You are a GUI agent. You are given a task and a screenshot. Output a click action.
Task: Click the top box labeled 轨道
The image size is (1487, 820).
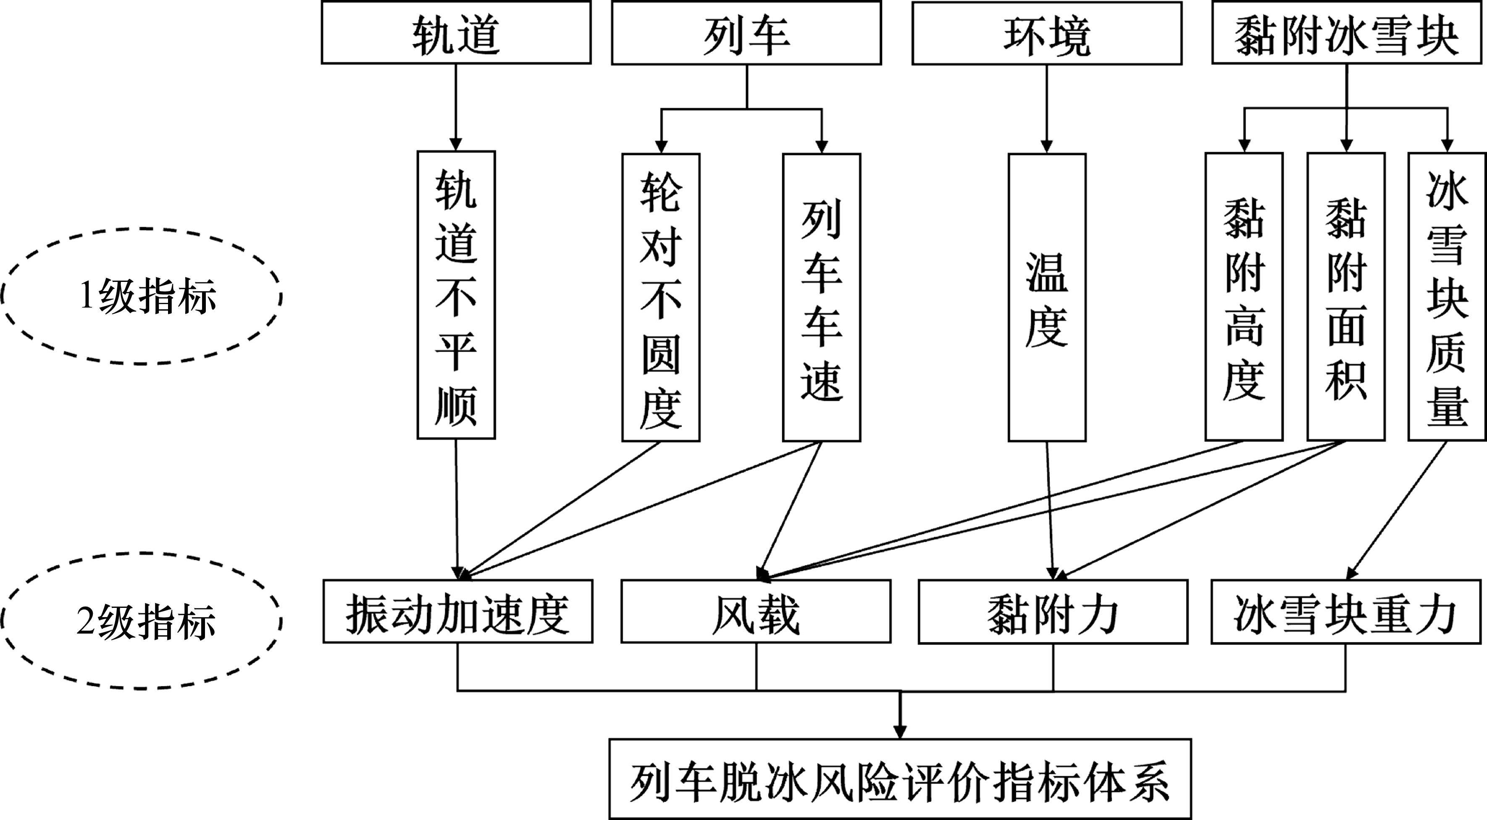click(456, 33)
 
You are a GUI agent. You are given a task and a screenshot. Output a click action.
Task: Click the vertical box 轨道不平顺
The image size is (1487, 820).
click(456, 295)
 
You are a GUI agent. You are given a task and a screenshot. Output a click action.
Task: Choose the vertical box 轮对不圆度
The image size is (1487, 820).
click(661, 297)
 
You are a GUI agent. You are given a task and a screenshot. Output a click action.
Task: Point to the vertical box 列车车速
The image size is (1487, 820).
click(822, 297)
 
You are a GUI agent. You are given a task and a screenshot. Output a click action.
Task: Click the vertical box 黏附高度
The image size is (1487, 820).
click(1244, 297)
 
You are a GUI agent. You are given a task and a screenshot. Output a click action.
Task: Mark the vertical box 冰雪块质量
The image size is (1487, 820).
click(1447, 297)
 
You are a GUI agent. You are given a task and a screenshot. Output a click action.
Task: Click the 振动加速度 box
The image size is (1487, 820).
click(458, 612)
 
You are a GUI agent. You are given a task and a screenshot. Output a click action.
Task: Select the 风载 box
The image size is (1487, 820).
click(756, 612)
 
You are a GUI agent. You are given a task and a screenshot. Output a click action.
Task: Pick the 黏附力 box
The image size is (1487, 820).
click(1053, 612)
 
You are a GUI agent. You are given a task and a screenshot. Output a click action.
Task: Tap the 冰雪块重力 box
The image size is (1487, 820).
click(1346, 612)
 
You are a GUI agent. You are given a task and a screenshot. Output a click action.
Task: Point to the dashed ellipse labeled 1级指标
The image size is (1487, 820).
click(142, 296)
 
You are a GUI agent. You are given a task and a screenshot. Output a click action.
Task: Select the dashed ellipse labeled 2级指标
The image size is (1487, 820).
click(142, 621)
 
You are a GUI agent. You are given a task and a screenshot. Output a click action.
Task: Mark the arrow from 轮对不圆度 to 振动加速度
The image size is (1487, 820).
click(563, 509)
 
